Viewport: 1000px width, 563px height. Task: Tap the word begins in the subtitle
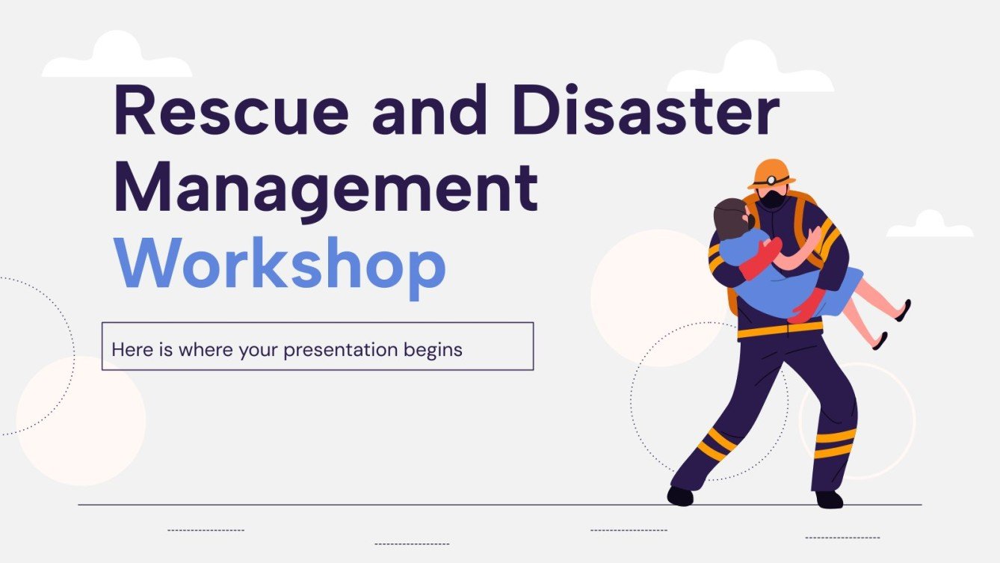point(434,349)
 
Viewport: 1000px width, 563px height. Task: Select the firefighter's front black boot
point(680,496)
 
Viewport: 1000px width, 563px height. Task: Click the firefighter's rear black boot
point(829,499)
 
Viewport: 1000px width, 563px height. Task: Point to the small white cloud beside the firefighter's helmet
point(929,225)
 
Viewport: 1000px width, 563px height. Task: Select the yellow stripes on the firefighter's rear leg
point(836,443)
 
